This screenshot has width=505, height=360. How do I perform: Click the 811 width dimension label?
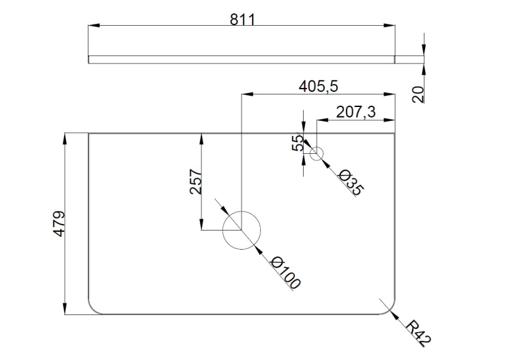coord(242,19)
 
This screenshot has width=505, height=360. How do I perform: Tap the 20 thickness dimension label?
coord(418,94)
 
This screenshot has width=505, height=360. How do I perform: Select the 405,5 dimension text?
coord(318,87)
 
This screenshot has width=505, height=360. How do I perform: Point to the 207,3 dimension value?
coord(356,112)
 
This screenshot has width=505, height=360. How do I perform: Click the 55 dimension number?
coord(298,143)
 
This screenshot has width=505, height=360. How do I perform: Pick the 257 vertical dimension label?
coord(196,182)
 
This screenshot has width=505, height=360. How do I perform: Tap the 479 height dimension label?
coord(59,224)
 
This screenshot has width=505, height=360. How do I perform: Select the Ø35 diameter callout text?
coord(351,183)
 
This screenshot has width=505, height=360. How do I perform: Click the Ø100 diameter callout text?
coord(286,273)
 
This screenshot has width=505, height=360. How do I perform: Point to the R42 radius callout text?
coord(418,334)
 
